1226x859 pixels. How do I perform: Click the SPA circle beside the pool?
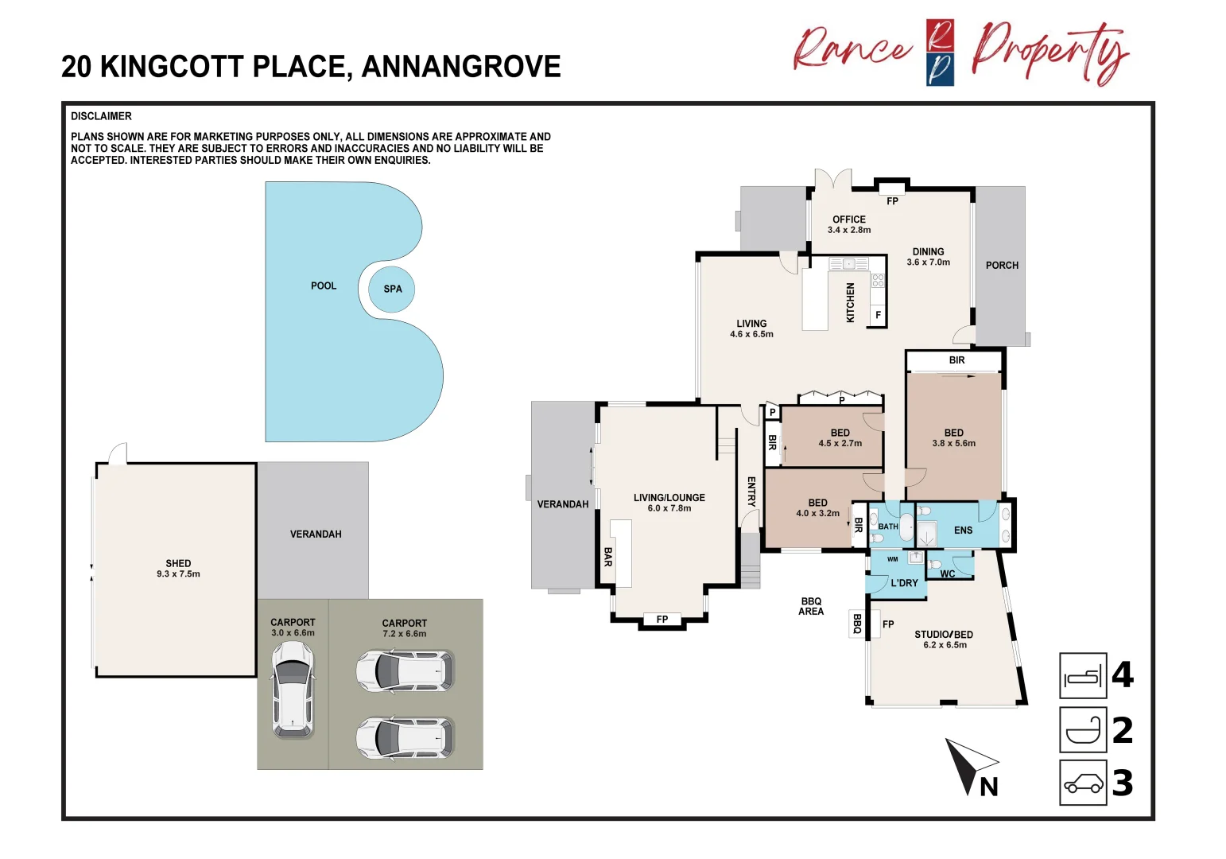391,289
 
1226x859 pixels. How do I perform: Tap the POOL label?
324,286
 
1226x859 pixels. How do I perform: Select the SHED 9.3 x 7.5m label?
178,568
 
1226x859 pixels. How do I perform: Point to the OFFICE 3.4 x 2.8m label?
849,224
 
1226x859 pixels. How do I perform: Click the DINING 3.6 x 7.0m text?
929,257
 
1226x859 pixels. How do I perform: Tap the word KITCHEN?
850,303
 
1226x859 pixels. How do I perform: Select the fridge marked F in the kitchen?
878,315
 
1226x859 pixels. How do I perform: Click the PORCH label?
1002,266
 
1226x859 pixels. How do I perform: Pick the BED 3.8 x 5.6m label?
954,438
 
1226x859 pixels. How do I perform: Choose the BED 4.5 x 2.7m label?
840,438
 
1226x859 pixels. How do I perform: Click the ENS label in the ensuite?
964,530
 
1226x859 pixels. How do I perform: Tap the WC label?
948,573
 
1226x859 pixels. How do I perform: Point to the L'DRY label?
904,583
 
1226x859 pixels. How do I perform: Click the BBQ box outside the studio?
857,624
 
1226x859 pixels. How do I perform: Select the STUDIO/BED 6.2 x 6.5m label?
944,639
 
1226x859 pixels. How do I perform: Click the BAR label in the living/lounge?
608,557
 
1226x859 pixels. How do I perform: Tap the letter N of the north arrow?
988,787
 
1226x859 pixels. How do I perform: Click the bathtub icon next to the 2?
1083,730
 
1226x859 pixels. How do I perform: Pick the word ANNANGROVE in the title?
461,67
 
